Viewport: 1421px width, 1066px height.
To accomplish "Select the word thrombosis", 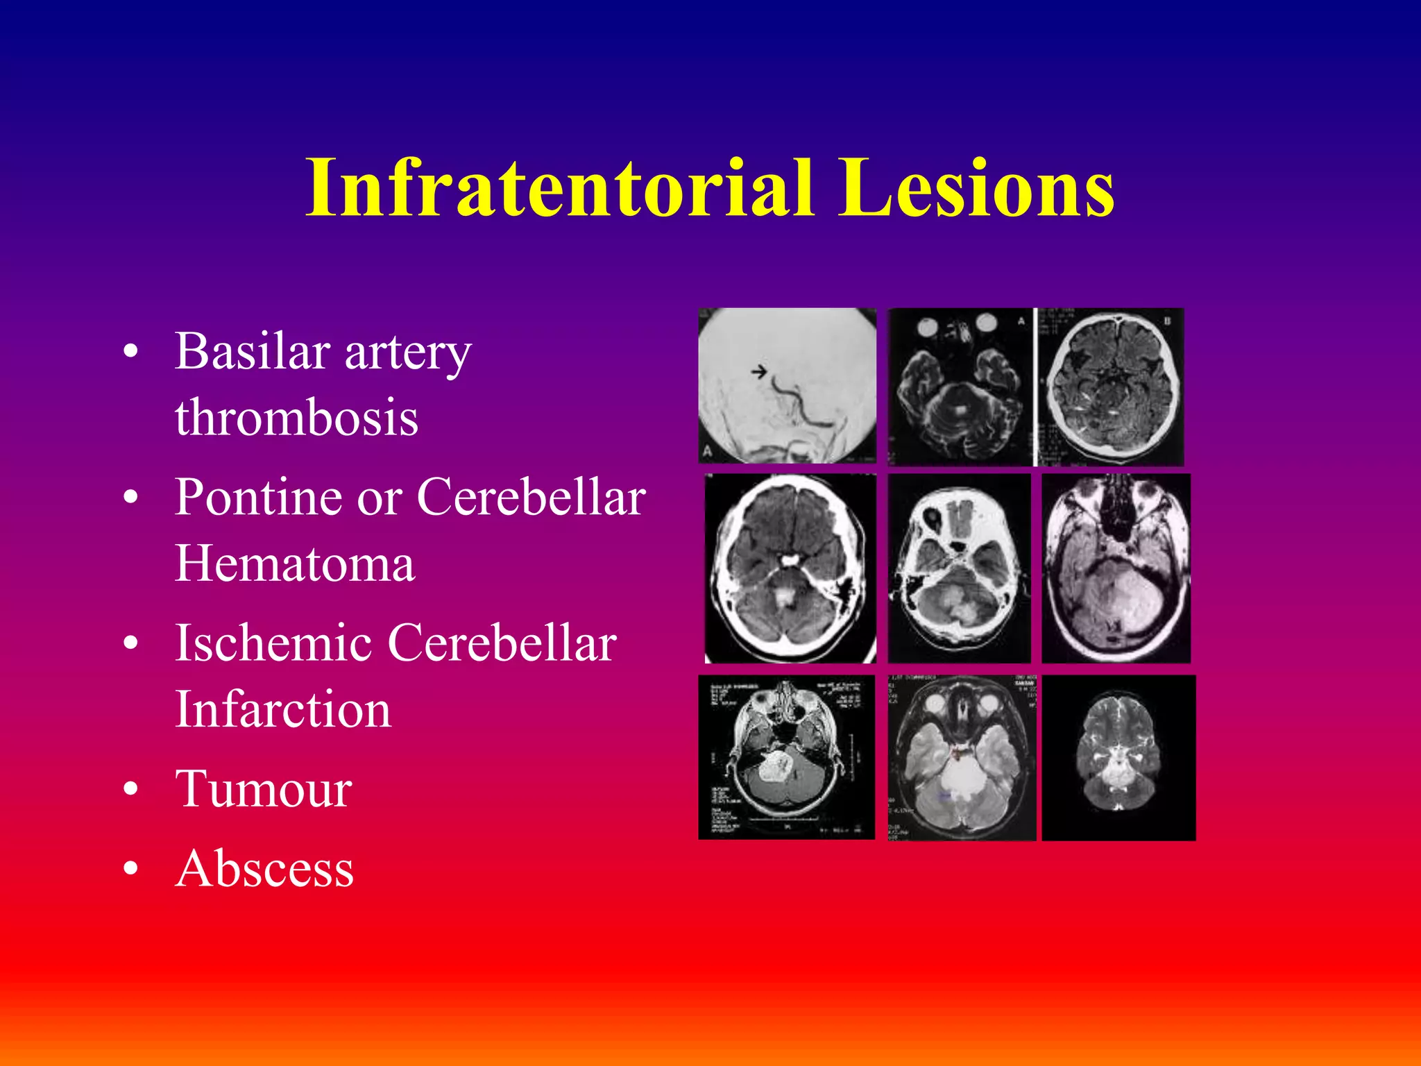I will (296, 418).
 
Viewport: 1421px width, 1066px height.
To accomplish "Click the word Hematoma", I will (295, 564).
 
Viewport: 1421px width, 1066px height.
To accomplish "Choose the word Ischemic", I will (273, 643).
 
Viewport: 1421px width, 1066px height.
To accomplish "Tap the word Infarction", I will (283, 709).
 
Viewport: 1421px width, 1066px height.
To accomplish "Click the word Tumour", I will (264, 789).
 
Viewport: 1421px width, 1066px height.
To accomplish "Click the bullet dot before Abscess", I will (130, 870).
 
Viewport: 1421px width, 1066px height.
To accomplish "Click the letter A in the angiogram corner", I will (707, 452).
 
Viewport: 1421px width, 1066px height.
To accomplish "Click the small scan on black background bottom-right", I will (1118, 757).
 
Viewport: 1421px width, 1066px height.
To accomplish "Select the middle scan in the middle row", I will (959, 568).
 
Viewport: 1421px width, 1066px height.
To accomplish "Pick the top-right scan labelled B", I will (1110, 387).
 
